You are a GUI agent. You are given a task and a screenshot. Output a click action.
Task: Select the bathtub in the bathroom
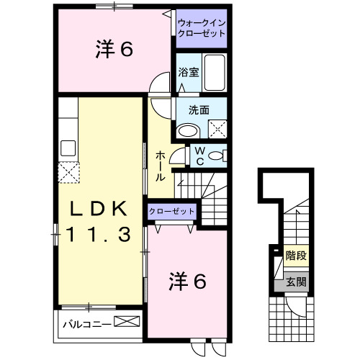click(215, 72)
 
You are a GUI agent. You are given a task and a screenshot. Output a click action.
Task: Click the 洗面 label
click(199, 110)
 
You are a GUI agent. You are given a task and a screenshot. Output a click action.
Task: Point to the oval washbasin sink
click(189, 131)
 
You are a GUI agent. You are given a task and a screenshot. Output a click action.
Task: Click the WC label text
click(201, 156)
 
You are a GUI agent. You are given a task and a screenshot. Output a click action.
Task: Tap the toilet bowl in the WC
click(220, 156)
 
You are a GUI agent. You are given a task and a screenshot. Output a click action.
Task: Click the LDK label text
click(100, 209)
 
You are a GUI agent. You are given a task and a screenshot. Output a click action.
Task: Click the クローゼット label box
click(172, 211)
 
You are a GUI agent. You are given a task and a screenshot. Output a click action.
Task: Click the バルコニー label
click(86, 323)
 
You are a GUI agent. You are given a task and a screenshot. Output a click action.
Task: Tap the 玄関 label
click(295, 282)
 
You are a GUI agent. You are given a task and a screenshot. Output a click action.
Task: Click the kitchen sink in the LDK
click(69, 148)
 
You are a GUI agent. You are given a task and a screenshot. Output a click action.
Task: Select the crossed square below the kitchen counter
click(69, 173)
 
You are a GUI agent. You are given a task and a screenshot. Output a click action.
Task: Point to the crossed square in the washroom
click(218, 130)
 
